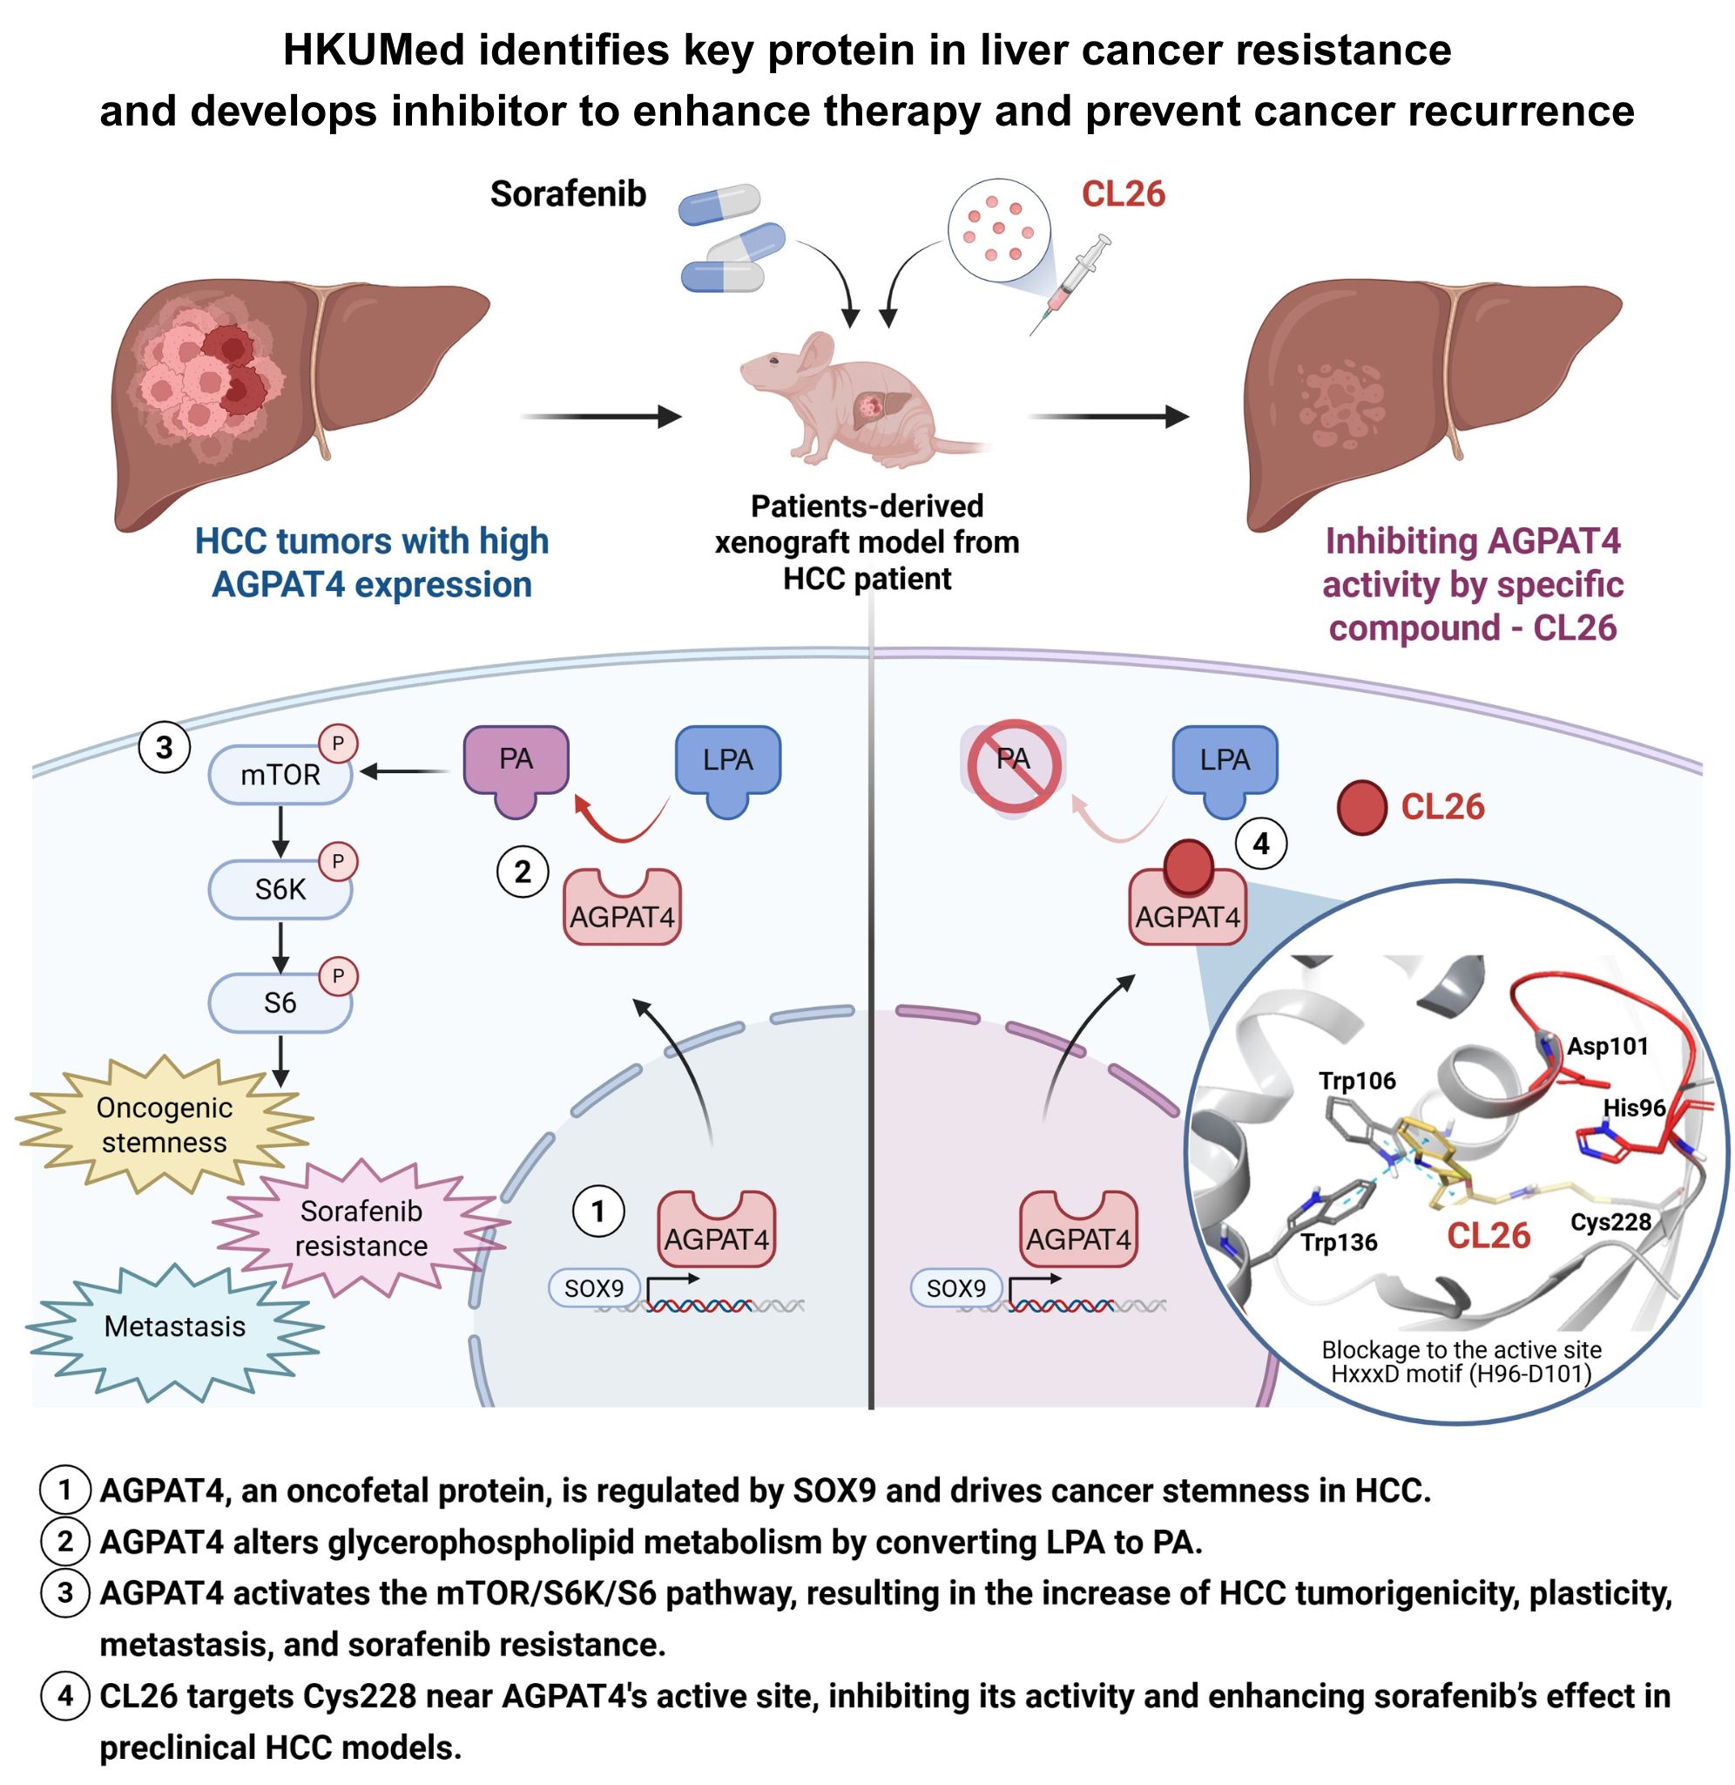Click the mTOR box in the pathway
[x=280, y=776]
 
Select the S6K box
[x=280, y=890]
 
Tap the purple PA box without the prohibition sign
[x=516, y=766]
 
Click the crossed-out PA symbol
[x=1013, y=766]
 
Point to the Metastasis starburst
[x=175, y=1327]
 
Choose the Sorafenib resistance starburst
[x=361, y=1229]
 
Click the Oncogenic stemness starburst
[x=164, y=1125]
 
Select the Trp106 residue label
[x=1357, y=1082]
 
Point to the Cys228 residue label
[x=1610, y=1222]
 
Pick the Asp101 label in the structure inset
[x=1609, y=1046]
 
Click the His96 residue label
[x=1635, y=1108]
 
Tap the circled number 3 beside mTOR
[x=164, y=748]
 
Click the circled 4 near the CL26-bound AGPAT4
[x=1261, y=844]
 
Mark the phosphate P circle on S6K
[x=338, y=861]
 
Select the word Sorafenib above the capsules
[x=568, y=194]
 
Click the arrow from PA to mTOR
[x=406, y=772]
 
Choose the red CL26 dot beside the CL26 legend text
[x=1361, y=808]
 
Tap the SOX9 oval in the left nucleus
[x=594, y=1288]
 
